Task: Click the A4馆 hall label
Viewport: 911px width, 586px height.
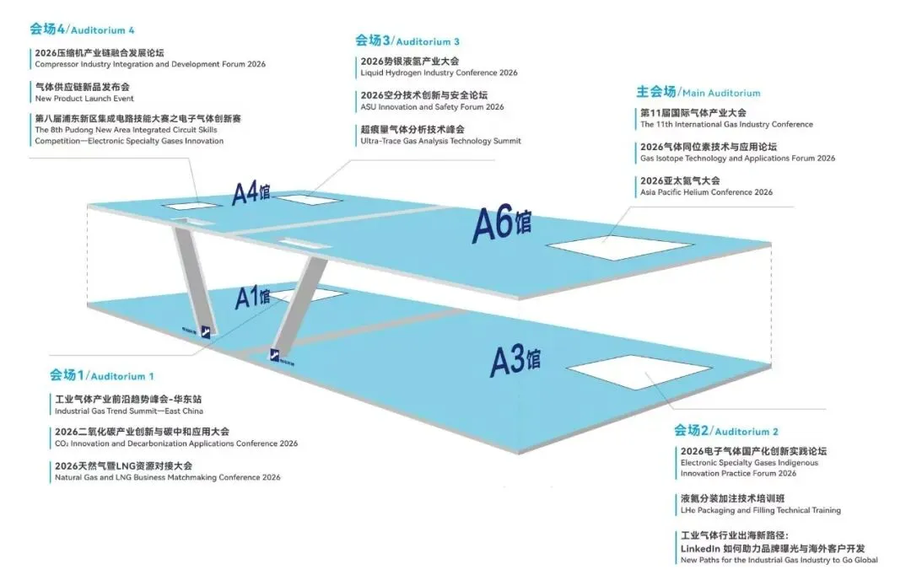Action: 251,193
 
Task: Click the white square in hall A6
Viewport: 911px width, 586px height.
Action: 602,246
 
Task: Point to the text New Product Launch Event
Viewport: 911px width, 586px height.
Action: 84,99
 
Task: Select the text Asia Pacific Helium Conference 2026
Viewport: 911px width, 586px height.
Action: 706,192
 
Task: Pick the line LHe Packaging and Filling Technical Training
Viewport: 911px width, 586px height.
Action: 760,510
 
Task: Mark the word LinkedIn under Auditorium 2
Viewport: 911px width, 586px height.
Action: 702,548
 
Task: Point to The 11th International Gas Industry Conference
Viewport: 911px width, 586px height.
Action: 726,124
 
